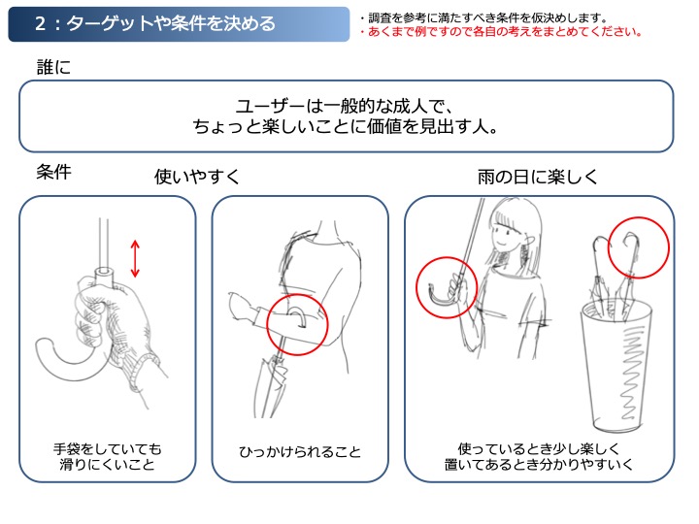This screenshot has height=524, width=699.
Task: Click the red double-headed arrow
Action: click(x=135, y=258)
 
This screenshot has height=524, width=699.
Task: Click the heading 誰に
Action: click(x=53, y=67)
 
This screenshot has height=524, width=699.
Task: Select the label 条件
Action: click(x=53, y=172)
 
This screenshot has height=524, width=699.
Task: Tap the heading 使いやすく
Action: click(x=197, y=177)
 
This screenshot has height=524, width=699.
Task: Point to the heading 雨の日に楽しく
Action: click(x=537, y=177)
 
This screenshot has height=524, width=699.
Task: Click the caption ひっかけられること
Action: click(x=300, y=452)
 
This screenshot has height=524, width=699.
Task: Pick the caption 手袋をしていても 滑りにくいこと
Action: click(x=107, y=457)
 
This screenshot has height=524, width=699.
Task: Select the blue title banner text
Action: click(x=155, y=23)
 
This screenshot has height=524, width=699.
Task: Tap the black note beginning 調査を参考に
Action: click(x=484, y=17)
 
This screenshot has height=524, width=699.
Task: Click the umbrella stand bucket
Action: click(x=616, y=366)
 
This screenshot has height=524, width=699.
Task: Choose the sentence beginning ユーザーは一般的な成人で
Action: click(x=346, y=116)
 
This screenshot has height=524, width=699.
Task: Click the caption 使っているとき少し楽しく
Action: click(x=539, y=448)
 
